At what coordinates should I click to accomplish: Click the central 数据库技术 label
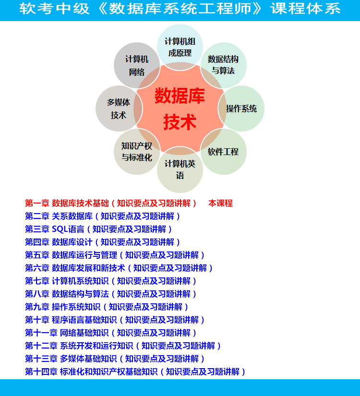click(180, 109)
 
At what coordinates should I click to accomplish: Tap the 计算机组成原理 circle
click(180, 47)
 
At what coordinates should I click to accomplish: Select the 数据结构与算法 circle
click(223, 65)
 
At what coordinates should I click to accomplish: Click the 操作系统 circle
click(241, 108)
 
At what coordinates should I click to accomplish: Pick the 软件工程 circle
click(223, 152)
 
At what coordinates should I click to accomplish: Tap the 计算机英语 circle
click(180, 170)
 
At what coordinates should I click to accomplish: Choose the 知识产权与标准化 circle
click(137, 152)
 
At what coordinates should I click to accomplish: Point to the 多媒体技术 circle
click(119, 108)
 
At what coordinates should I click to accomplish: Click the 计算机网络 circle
click(137, 65)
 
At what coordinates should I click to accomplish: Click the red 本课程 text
click(220, 204)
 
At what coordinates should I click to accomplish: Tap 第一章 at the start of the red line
click(37, 204)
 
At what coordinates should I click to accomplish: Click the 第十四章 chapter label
click(41, 372)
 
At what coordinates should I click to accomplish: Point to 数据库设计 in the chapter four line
click(72, 242)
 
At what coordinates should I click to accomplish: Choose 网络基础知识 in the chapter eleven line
click(84, 333)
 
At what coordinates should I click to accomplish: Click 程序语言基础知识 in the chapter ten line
click(84, 320)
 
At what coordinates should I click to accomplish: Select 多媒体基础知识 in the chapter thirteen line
click(88, 359)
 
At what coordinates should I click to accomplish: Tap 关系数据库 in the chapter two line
click(72, 216)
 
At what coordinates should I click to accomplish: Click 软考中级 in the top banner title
click(54, 9)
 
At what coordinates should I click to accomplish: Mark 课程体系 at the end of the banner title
click(305, 9)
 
